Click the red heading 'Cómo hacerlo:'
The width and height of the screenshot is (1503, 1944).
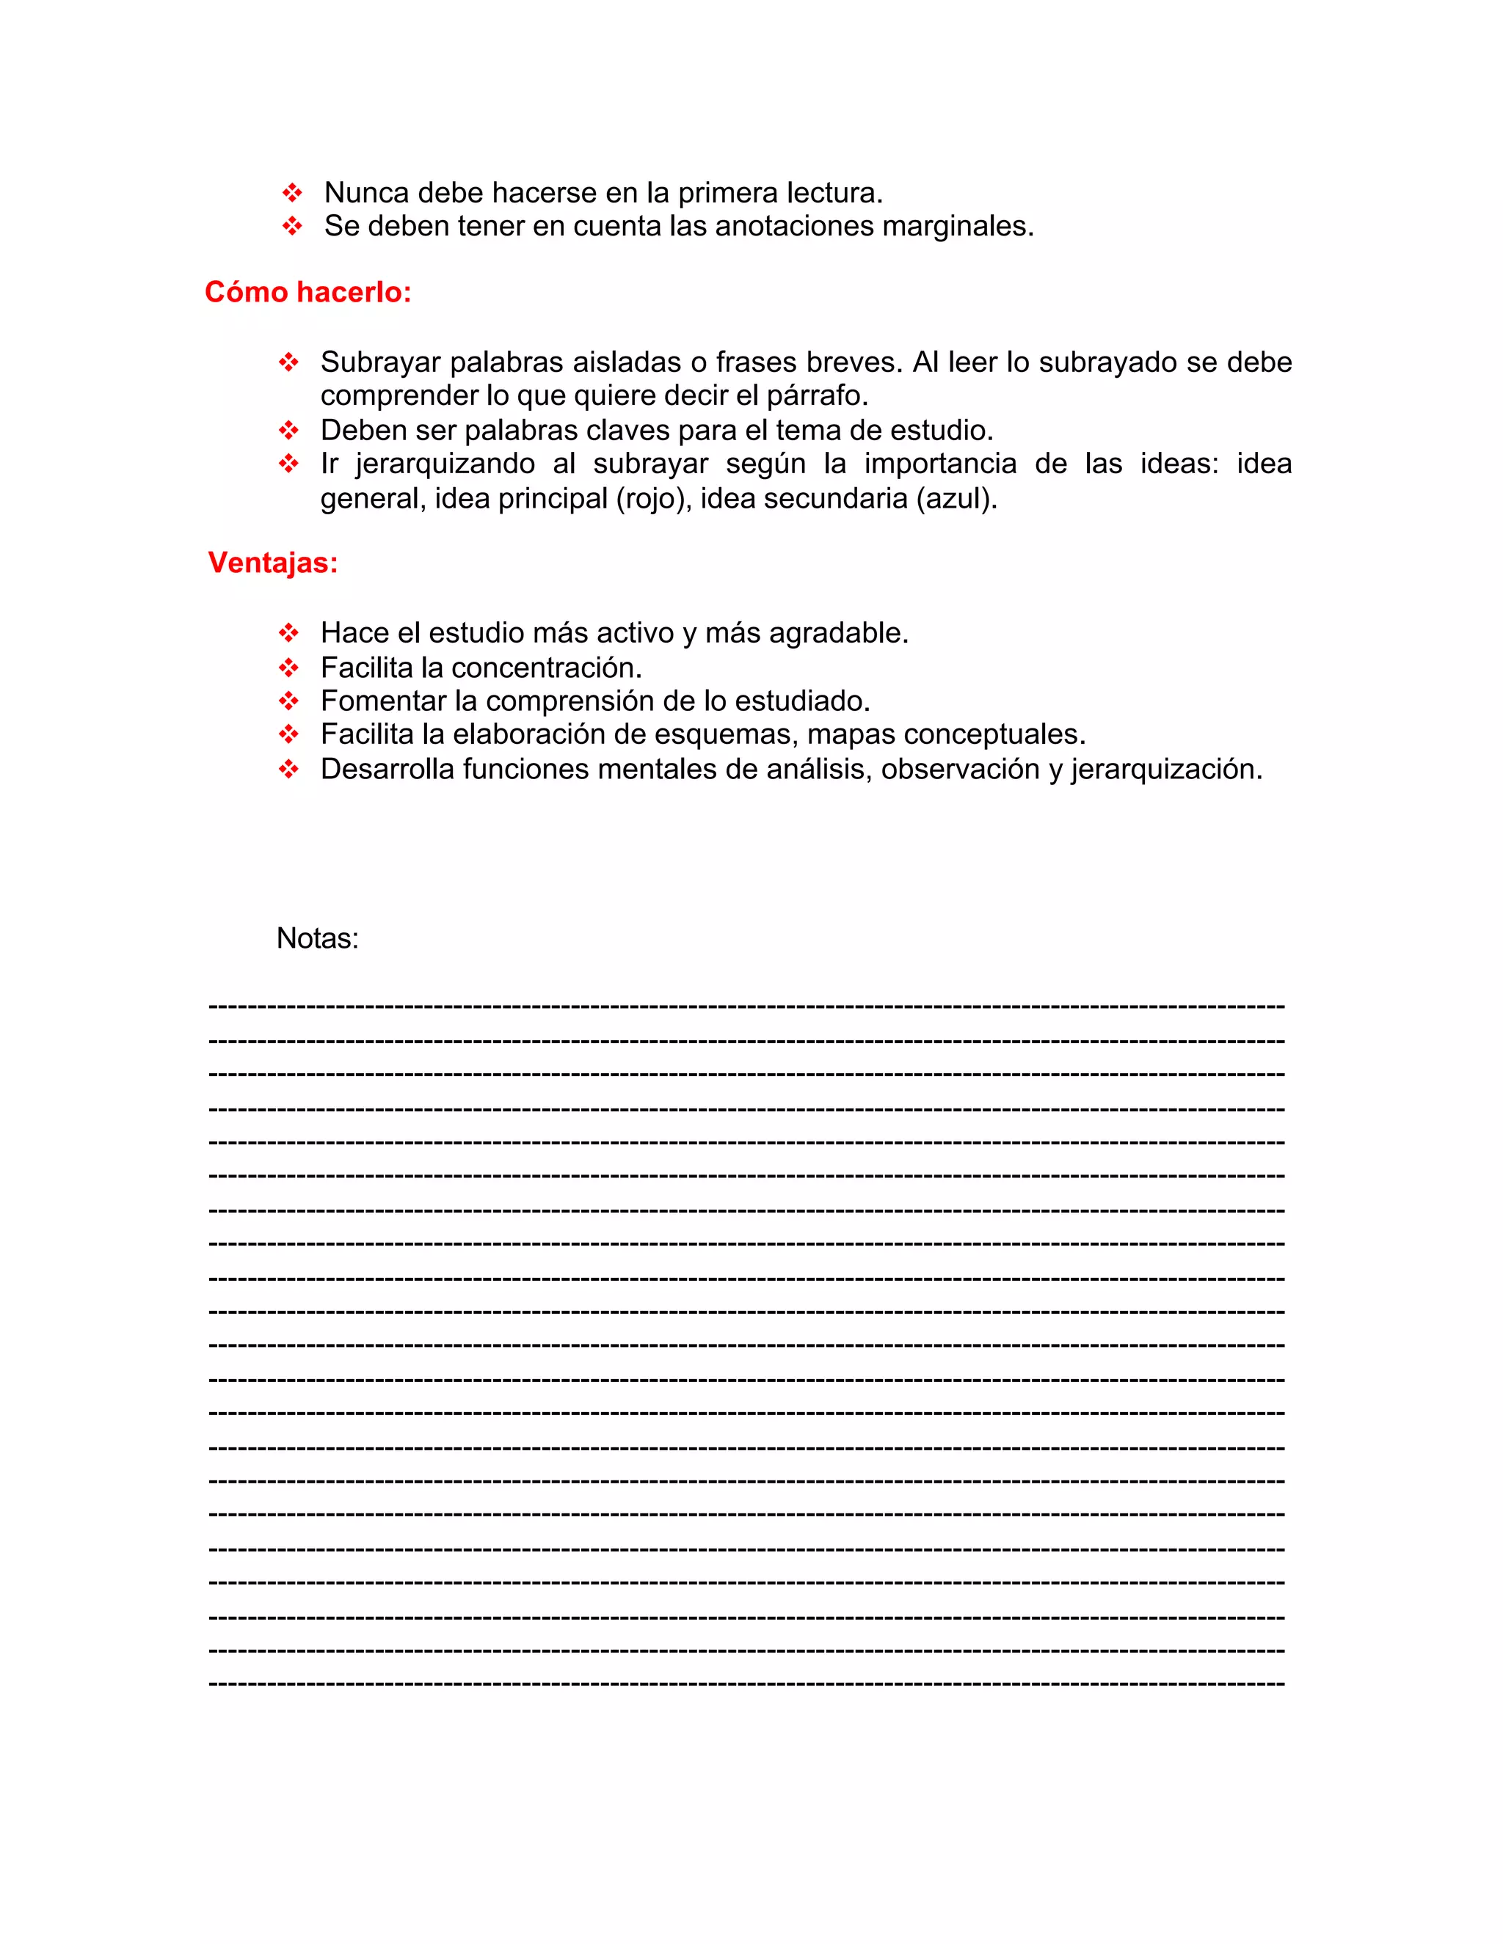point(308,292)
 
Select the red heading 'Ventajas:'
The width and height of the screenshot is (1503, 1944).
point(272,563)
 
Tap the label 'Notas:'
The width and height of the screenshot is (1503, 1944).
point(317,938)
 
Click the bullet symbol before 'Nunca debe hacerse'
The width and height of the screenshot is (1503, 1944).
point(291,192)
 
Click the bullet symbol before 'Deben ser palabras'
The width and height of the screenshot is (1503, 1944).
point(288,431)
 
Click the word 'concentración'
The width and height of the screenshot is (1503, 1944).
point(545,668)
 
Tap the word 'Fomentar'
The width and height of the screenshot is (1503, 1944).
point(383,701)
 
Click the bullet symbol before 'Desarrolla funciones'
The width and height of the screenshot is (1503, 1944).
point(288,769)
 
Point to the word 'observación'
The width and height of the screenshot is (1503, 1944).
point(960,769)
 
